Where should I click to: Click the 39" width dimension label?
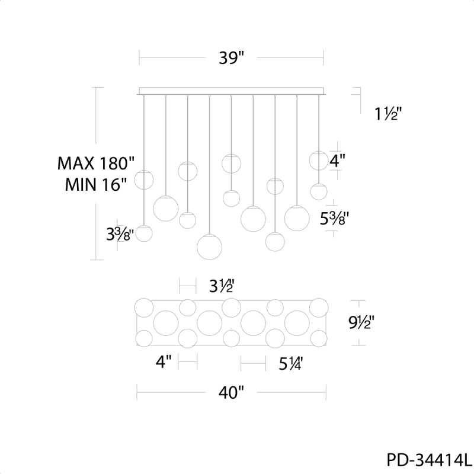pos(231,57)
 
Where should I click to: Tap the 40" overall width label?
pos(231,393)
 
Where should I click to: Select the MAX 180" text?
pos(95,164)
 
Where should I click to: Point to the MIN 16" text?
pos(95,184)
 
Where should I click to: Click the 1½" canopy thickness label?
pos(388,114)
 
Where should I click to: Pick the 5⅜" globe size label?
pos(334,218)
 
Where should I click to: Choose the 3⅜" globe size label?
pos(120,234)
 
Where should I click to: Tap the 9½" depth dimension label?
pos(361,323)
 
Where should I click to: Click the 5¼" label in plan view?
pos(290,363)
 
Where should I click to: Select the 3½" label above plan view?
pos(222,286)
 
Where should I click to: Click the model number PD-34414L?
pos(429,460)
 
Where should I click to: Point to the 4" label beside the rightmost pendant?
pos(337,161)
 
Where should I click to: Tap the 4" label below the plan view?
pos(164,361)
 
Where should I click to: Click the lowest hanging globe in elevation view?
pos(210,246)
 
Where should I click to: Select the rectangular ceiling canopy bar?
pos(232,91)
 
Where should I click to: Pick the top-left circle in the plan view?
pos(144,308)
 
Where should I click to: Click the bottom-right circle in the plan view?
pos(319,338)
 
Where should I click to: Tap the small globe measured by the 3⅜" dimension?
pos(144,233)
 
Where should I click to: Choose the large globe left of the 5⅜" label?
pos(297,217)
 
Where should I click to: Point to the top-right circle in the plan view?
pos(319,308)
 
